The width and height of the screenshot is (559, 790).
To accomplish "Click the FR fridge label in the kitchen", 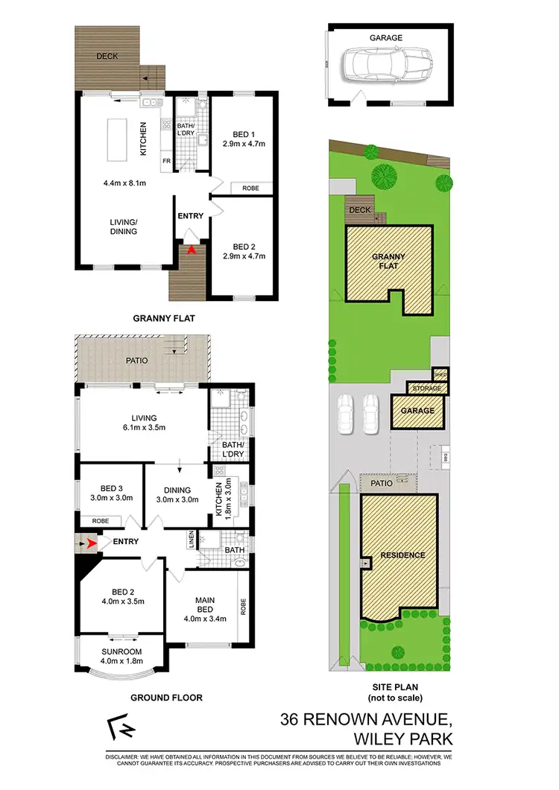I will point(166,159).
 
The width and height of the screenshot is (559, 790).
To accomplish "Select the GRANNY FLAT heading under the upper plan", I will point(164,318).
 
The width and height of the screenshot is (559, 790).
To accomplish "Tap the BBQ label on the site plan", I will point(446,454).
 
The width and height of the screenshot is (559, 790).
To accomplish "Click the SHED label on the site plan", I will point(440,374).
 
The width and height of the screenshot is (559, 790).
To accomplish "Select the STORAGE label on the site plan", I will point(428,388).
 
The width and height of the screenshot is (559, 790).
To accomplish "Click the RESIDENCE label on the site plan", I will point(402,554).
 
